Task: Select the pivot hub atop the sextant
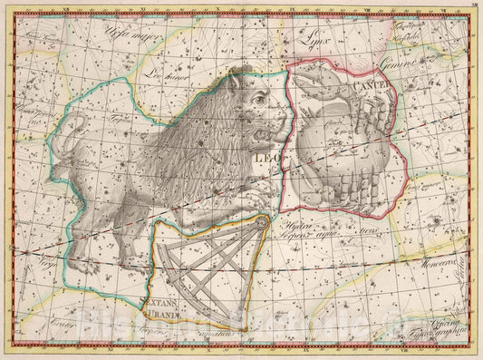261,222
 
